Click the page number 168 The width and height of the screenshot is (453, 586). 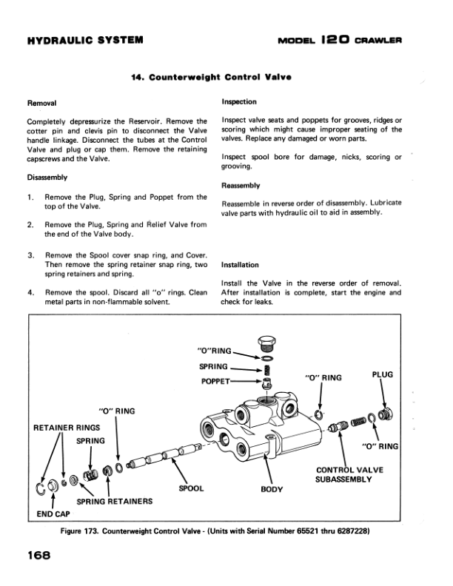(38, 555)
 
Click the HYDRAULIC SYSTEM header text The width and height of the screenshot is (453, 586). (85, 40)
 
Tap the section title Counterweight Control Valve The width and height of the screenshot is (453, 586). (211, 78)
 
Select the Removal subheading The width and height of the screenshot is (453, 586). (41, 103)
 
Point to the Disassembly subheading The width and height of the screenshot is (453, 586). (47, 178)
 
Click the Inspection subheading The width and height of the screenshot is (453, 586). (239, 101)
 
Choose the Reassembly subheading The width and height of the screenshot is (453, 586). (241, 186)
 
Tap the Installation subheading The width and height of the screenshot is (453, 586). (240, 265)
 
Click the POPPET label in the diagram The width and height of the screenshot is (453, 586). (215, 382)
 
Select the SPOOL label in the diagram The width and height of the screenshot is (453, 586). (191, 488)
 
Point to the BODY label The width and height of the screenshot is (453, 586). (272, 489)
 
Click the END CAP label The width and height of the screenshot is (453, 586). (53, 514)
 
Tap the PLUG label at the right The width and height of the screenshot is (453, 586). (383, 374)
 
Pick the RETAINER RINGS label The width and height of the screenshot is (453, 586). (67, 428)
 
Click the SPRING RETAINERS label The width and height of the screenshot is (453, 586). (115, 502)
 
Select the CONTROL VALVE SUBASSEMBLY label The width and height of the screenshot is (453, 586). (349, 474)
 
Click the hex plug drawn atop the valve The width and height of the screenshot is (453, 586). (266, 344)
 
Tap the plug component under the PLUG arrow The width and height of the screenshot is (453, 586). (385, 414)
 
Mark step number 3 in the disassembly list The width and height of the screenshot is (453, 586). (30, 255)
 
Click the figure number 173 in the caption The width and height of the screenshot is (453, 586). (91, 531)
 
